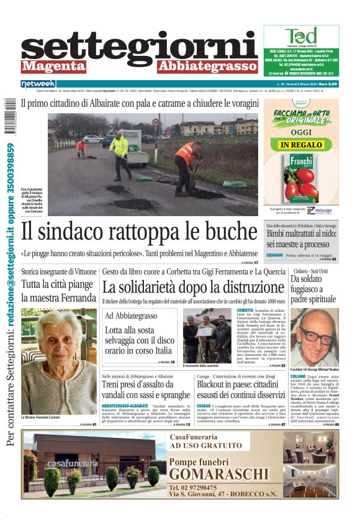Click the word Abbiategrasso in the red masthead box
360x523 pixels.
point(207,66)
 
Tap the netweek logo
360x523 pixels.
point(38,84)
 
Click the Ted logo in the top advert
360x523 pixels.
point(300,35)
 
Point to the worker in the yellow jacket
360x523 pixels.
point(120,152)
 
